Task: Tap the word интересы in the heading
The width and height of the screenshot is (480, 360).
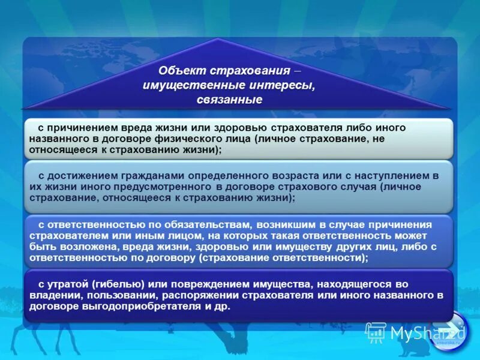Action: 285,85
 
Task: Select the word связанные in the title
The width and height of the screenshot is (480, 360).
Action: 229,100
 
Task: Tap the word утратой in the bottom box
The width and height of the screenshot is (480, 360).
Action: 67,284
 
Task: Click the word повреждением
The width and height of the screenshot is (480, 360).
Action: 201,284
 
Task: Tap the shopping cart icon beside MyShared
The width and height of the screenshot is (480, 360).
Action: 376,332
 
